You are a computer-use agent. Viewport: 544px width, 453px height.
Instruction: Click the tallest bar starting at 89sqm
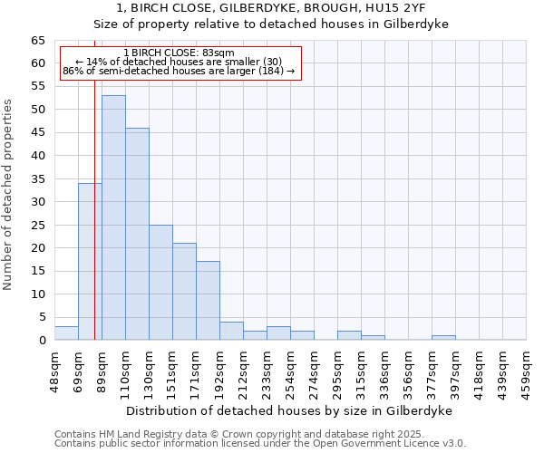(113, 217)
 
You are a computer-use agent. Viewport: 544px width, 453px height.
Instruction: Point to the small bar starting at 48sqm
(66, 333)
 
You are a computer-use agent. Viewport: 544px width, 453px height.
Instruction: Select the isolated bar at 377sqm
(443, 338)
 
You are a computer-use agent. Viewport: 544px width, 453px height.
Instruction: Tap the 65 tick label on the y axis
(37, 41)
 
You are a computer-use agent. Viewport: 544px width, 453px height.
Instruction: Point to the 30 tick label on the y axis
(37, 202)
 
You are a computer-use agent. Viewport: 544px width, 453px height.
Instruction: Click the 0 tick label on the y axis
(41, 341)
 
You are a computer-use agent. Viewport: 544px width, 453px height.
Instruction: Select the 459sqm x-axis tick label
(526, 371)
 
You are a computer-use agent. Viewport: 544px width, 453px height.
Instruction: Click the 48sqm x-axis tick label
(54, 371)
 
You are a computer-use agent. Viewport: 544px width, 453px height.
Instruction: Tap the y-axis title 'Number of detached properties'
(8, 195)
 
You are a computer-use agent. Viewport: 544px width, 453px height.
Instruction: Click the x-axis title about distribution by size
(288, 410)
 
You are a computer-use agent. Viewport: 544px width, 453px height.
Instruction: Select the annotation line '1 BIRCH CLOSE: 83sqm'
(179, 53)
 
